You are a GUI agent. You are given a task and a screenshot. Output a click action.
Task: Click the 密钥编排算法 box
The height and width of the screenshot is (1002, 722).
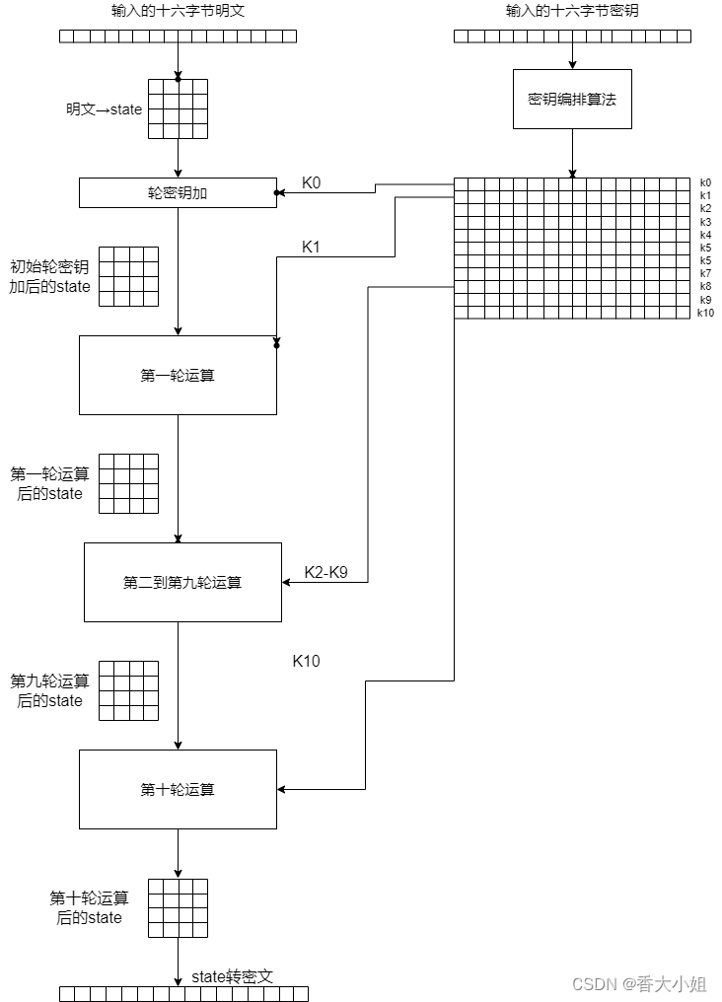coord(572,99)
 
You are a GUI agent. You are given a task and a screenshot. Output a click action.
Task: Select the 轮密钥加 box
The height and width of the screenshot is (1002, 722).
coord(178,192)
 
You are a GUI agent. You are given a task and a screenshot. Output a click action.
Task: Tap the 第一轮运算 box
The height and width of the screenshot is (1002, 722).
coord(178,375)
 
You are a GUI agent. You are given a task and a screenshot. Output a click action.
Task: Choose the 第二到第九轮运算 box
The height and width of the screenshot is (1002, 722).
coord(182,582)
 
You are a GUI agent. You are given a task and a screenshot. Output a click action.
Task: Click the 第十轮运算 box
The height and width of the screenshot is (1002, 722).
coord(178,789)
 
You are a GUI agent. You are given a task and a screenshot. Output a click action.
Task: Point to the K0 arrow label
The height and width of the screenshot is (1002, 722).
coord(312,182)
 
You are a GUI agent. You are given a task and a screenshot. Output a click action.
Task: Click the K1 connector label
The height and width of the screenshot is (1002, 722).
coord(312,247)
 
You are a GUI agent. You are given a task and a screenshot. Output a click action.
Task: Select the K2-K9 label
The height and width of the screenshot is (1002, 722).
coord(325,572)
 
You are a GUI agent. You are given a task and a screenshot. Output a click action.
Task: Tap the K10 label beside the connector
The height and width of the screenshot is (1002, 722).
coord(306,661)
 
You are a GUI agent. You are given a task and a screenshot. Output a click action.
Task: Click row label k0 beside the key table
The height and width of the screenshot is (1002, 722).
coord(705,182)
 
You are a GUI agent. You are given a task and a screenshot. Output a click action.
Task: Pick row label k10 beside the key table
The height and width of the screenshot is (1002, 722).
coord(705,313)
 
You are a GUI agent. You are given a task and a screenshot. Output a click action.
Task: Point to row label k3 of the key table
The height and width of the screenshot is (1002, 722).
coord(705,222)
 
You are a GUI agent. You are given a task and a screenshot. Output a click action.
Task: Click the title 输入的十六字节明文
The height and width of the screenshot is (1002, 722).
coord(178,12)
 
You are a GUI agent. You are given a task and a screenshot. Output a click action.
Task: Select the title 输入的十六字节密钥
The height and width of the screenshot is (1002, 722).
coord(572,12)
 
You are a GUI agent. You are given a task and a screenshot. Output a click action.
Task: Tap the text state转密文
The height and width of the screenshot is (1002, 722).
coord(232,976)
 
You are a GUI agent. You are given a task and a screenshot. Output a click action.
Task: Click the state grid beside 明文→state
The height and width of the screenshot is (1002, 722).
coord(178,108)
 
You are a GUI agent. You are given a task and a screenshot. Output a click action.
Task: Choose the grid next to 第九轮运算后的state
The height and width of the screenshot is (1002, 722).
coord(128,690)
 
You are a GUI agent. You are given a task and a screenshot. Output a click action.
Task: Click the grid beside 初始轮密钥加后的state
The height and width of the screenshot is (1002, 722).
coord(128,276)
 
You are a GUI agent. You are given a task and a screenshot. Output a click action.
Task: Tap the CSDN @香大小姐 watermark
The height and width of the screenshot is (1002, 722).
coord(639,983)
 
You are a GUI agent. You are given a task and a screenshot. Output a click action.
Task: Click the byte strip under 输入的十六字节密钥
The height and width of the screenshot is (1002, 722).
coord(572,36)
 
